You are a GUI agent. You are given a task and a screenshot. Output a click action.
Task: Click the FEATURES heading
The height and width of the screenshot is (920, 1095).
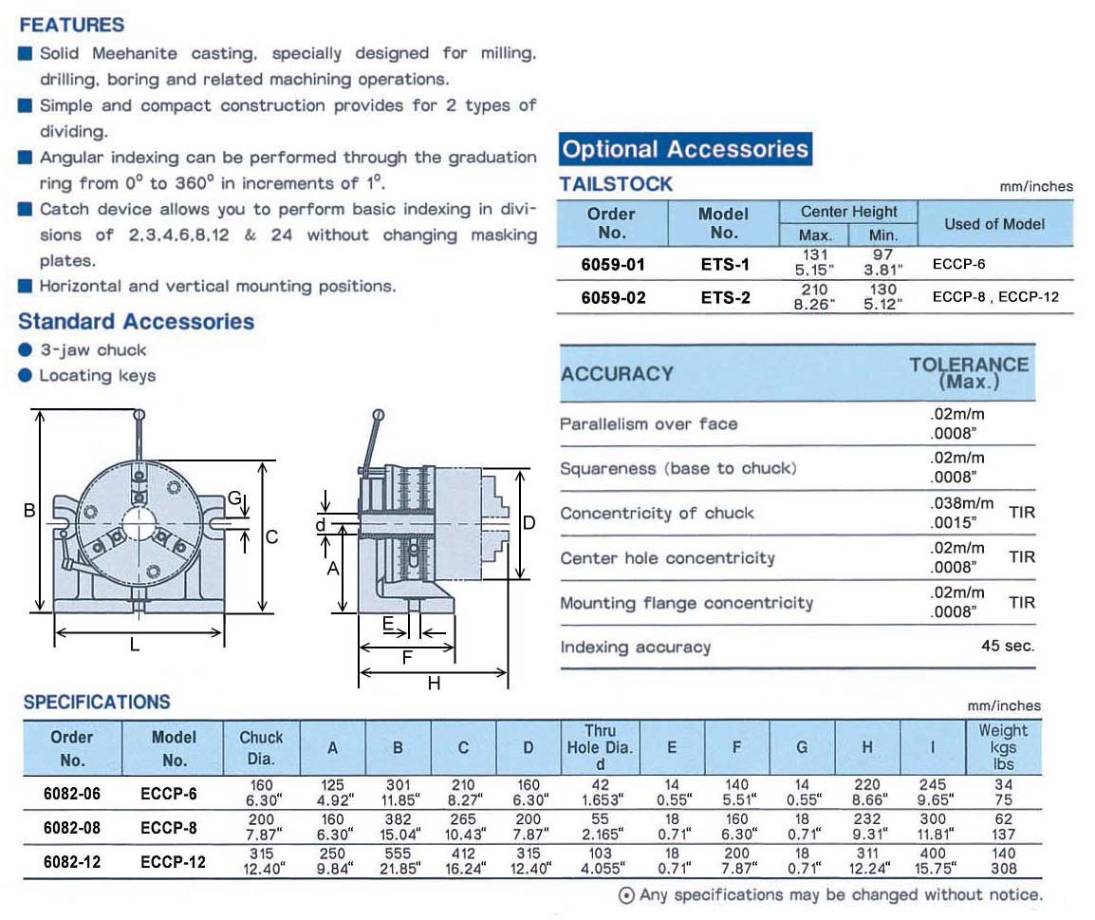[x=71, y=25]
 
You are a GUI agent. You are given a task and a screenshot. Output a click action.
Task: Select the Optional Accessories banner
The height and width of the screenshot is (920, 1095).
[x=685, y=149]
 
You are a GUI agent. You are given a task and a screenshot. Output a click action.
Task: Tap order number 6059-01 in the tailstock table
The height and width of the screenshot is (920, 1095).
[x=613, y=264]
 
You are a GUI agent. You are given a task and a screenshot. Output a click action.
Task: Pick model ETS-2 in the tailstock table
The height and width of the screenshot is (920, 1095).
[x=725, y=297]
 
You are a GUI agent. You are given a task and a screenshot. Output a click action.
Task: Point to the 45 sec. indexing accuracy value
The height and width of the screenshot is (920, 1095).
[x=1008, y=646]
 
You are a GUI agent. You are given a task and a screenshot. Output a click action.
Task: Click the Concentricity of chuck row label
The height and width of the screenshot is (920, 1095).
[x=657, y=514]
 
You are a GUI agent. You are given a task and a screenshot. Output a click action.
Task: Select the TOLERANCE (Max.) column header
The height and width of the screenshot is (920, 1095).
[x=969, y=372]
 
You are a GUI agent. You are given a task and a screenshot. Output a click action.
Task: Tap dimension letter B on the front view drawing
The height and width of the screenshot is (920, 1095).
[x=29, y=511]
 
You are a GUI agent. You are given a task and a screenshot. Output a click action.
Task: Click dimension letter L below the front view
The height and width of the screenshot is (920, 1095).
[x=135, y=645]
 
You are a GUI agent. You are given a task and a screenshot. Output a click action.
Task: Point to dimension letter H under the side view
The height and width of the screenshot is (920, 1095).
[x=434, y=683]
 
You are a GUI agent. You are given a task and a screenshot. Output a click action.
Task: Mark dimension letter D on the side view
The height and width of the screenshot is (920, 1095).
[x=529, y=522]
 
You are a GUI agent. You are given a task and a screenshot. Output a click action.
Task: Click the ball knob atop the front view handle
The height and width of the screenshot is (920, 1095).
[x=139, y=414]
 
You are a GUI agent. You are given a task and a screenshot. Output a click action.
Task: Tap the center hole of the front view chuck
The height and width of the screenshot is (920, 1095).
[x=141, y=521]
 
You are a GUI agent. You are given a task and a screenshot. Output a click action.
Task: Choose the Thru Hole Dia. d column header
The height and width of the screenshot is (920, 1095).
[x=600, y=746]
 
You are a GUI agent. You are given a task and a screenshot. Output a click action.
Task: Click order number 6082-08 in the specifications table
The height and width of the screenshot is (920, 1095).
[x=72, y=827]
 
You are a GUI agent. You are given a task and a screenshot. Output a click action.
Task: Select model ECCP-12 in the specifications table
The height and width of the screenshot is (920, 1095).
[x=174, y=861]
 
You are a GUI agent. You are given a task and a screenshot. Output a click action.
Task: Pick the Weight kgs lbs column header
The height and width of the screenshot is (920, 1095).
[x=1003, y=746]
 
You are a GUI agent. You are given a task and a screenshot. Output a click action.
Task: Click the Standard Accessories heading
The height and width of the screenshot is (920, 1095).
[x=137, y=322]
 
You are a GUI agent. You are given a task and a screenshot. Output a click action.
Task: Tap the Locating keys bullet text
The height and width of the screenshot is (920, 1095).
[x=97, y=376]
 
